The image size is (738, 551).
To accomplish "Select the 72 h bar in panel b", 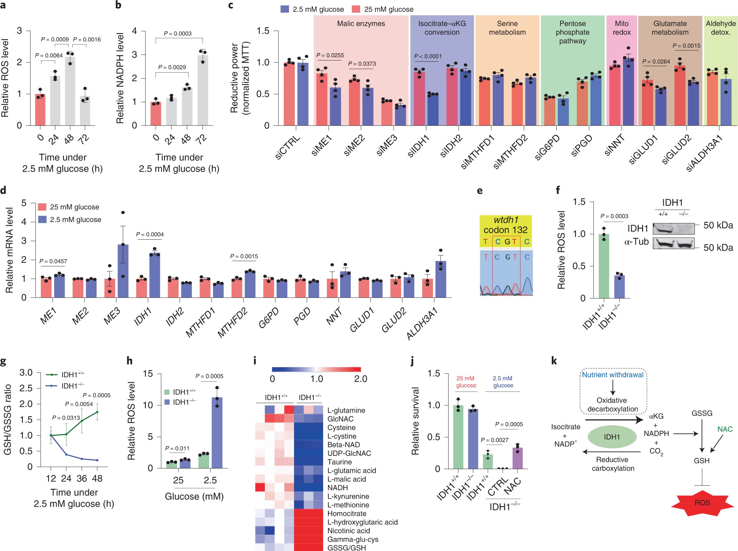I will pos(203,90).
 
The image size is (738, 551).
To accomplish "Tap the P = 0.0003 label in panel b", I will pos(178,33).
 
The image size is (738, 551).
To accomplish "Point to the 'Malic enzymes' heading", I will pos(361,24).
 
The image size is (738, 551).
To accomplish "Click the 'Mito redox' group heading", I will pos(621,28).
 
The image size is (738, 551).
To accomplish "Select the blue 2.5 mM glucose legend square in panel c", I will pos(285,9).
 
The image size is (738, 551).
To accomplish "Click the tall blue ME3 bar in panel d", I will pos(123,271).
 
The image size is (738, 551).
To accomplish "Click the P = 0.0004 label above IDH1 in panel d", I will pos(150,235).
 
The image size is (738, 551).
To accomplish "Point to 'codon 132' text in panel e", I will pos(505,230).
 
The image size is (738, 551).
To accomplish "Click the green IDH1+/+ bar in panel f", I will pos(604,266).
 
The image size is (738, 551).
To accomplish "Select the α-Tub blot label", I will pos(636,242).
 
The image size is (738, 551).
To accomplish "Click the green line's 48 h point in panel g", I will pos(97,412).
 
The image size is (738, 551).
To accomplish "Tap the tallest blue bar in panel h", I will pos(217,433).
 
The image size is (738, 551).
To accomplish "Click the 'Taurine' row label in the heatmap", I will pos(339,462).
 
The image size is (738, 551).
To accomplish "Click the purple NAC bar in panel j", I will pos(517,458).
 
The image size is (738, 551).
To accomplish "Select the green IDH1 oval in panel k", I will pos(612,437).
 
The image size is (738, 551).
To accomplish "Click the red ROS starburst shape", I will pos(702,503).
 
